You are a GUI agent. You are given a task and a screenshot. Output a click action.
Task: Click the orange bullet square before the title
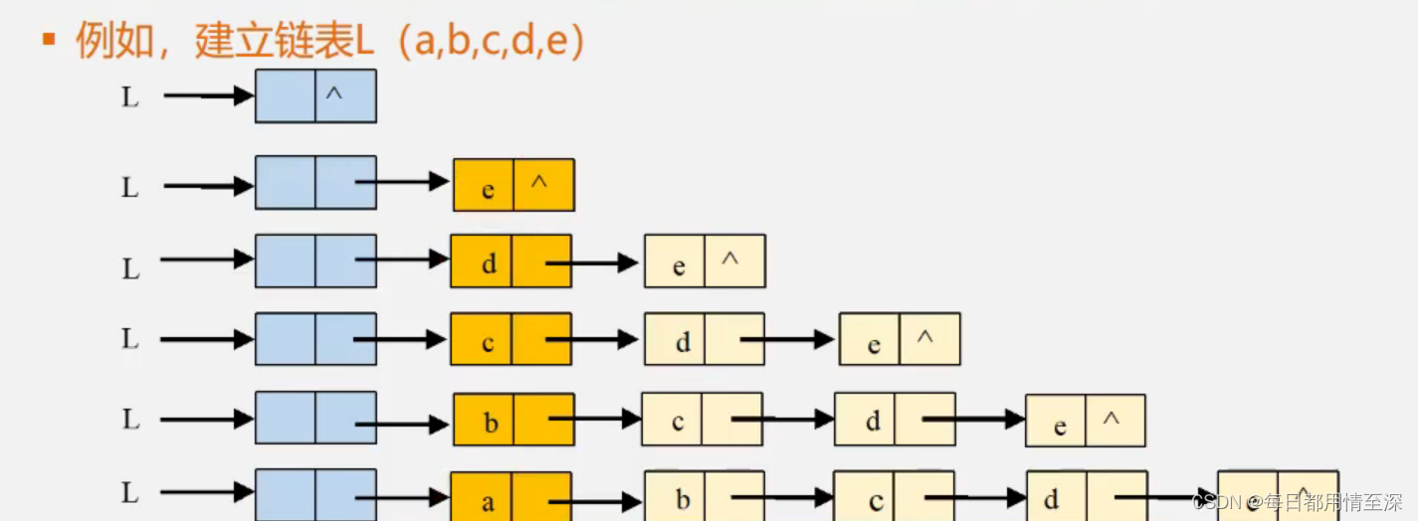tap(47, 40)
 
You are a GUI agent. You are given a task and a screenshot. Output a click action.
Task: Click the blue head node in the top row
tap(314, 95)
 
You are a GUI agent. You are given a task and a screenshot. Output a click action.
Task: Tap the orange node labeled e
tap(513, 185)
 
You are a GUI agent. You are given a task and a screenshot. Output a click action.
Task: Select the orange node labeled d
tap(510, 261)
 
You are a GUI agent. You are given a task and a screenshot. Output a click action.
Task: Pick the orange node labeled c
tap(510, 339)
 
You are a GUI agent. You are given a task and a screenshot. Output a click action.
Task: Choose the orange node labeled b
tap(513, 419)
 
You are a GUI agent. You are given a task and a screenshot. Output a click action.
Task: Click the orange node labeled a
tap(510, 496)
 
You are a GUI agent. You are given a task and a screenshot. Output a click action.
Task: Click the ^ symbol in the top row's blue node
tap(334, 94)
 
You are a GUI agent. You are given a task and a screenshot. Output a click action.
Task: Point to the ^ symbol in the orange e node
tap(539, 182)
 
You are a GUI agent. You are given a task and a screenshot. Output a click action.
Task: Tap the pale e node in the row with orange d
tap(705, 261)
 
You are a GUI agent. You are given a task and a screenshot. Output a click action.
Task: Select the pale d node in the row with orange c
tap(705, 339)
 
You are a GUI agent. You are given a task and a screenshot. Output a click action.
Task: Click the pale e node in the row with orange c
tap(900, 339)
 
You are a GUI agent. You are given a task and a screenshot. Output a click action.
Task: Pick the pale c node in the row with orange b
tap(702, 419)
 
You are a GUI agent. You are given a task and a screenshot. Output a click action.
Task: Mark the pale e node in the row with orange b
tap(1086, 421)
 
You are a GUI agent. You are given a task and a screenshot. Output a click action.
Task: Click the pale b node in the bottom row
tap(705, 496)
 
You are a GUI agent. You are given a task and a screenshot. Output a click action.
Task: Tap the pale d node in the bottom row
tap(1087, 496)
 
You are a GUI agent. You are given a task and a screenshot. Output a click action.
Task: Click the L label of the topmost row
tap(130, 97)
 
